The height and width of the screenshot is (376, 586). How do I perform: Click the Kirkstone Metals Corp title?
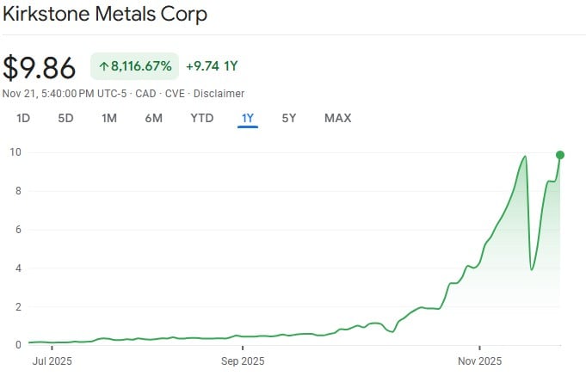[x=106, y=15]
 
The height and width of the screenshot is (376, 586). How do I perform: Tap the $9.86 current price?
[x=40, y=68]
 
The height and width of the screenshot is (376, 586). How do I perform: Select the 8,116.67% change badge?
[x=134, y=66]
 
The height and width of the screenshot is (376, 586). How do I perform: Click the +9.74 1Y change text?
[x=212, y=66]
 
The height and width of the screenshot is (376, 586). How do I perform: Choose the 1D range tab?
[x=23, y=118]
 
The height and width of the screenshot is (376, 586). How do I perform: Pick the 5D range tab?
[x=65, y=118]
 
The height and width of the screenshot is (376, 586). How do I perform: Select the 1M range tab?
[x=109, y=118]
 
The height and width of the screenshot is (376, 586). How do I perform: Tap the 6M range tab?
[x=153, y=118]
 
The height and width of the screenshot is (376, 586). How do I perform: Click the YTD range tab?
[x=201, y=118]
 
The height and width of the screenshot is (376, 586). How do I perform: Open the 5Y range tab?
[x=289, y=118]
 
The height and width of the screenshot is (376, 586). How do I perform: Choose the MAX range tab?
[x=337, y=118]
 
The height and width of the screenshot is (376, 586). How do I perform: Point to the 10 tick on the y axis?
[x=15, y=152]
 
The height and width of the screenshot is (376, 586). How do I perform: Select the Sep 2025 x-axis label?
[x=243, y=361]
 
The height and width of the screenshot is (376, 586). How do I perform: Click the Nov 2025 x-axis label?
[x=478, y=361]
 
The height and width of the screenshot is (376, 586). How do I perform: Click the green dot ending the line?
[x=560, y=155]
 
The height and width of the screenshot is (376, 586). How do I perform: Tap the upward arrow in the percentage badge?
[x=103, y=66]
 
